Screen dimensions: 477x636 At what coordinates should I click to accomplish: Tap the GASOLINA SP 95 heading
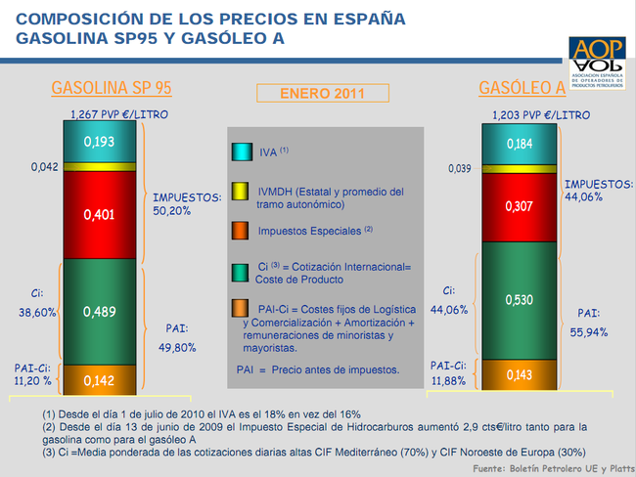click(x=111, y=88)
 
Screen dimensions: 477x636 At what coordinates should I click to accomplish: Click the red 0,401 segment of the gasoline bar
click(x=99, y=213)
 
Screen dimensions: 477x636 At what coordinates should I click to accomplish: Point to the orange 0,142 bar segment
click(x=99, y=379)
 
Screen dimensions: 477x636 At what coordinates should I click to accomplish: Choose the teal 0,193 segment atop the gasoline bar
click(x=99, y=143)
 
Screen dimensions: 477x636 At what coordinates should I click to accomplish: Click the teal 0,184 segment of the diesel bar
click(x=519, y=145)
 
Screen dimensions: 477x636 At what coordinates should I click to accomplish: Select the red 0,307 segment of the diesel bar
click(x=519, y=206)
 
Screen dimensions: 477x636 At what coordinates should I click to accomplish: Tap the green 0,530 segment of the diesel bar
click(x=519, y=298)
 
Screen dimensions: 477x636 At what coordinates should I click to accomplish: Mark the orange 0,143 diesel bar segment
click(x=519, y=373)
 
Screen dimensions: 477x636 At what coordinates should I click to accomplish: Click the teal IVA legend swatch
click(x=241, y=152)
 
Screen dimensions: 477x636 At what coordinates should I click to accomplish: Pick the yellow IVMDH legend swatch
click(x=241, y=192)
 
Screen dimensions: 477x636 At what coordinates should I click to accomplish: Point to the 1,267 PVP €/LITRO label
click(x=112, y=115)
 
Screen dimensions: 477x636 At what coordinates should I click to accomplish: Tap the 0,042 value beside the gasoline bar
click(x=45, y=167)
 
